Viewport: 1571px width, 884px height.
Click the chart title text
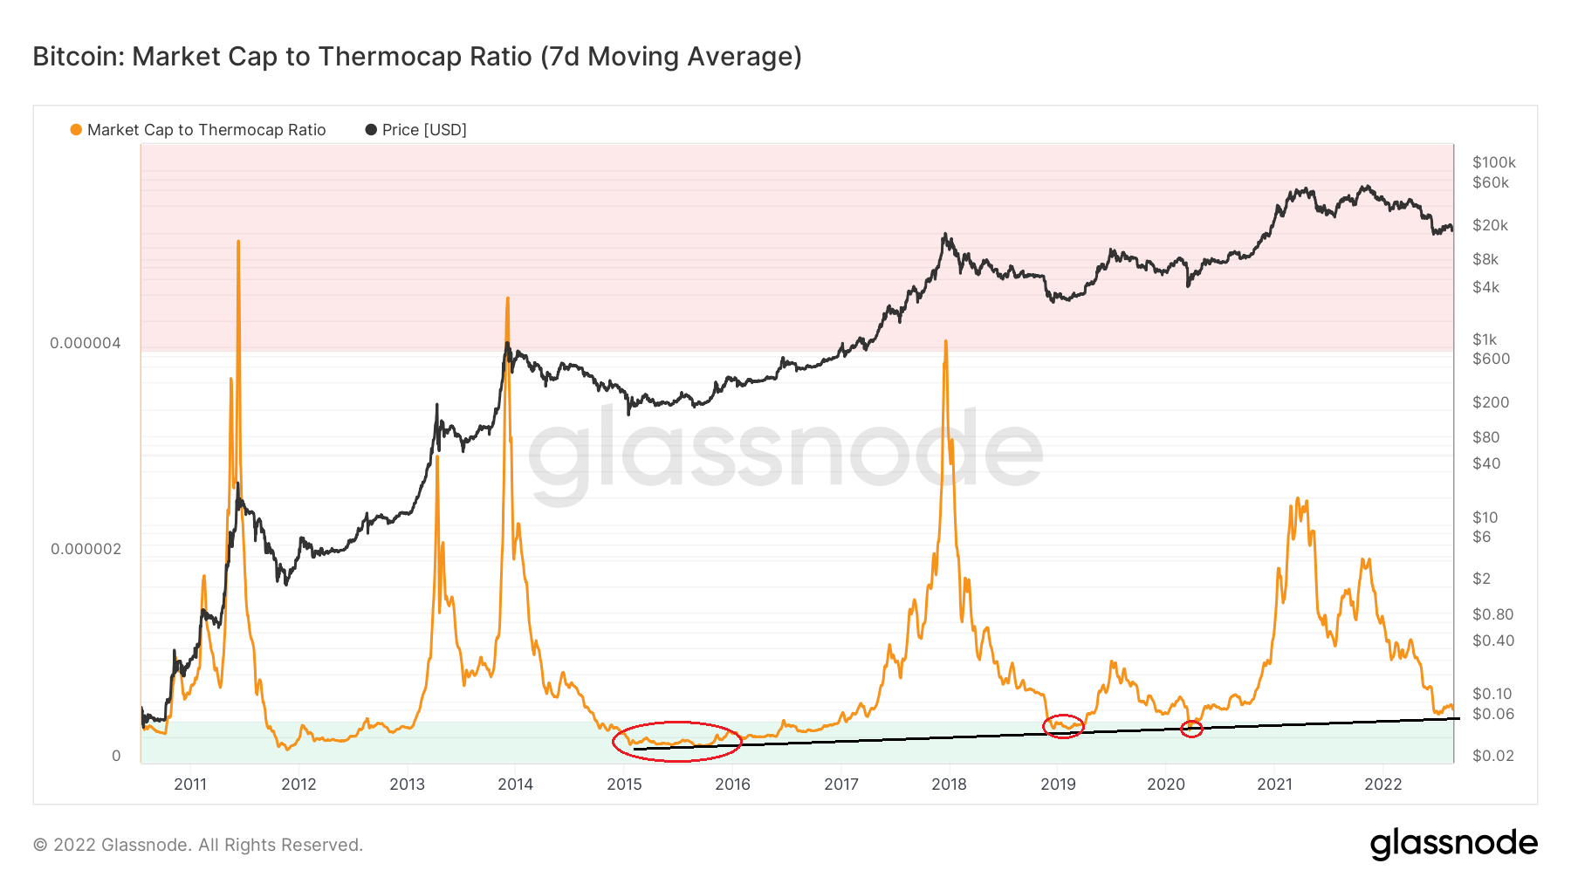417,57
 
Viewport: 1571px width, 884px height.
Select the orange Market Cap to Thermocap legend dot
76,130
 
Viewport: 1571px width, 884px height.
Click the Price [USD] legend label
424,130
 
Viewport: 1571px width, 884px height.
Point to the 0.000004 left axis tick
86,343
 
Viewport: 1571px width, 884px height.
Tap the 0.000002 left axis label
86,549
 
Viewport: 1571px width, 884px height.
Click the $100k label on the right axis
1493,162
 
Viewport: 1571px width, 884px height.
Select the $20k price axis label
1490,225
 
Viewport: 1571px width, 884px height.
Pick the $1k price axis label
1484,339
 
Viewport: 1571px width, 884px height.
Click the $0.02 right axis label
1492,756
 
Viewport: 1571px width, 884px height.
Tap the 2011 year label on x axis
190,784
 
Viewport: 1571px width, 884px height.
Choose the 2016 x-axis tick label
732,784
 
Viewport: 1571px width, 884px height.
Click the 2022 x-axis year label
1382,784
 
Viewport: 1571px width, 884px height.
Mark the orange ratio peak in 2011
238,243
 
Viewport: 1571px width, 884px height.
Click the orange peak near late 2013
507,299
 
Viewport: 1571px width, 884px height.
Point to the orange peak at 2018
946,342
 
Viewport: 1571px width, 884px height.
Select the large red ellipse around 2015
676,742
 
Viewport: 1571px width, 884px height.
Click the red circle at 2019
1063,725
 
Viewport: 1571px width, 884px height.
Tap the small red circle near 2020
1191,728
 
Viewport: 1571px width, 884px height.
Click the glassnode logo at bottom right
1453,844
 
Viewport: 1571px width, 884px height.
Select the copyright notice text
198,845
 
